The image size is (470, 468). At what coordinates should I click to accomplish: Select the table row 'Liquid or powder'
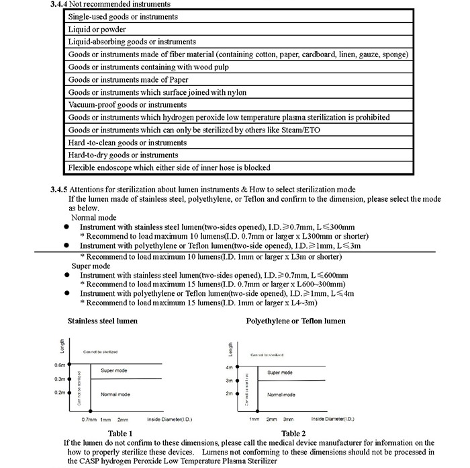pos(97,29)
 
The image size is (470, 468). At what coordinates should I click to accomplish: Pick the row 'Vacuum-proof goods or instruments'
pos(122,105)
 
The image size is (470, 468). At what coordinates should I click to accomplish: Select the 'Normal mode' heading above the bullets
pos(93,218)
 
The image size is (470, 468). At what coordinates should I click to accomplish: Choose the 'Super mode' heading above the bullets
pos(91,266)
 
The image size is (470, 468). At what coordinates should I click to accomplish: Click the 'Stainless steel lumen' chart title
pos(103,321)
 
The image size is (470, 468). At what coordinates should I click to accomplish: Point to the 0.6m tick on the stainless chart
pos(60,365)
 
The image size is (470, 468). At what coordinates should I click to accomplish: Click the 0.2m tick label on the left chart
pos(60,393)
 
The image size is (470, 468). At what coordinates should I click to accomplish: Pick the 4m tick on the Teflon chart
pos(228,368)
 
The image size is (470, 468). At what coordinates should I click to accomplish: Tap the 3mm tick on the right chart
pos(289,419)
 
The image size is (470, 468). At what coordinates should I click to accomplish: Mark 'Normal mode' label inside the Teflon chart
pos(281,395)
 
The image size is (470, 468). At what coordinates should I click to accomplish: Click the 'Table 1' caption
pos(120,433)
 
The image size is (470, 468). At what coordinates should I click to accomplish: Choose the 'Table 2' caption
pos(293,433)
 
